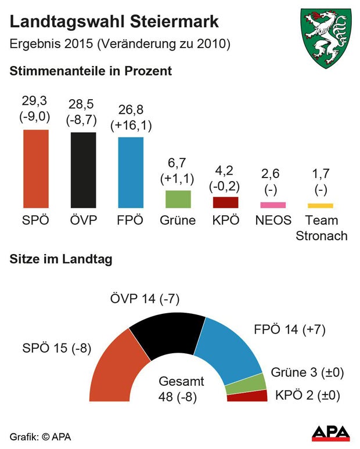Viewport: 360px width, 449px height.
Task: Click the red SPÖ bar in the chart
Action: coord(36,169)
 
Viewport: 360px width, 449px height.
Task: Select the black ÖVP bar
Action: coord(84,170)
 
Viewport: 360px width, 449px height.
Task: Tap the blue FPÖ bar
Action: coord(131,172)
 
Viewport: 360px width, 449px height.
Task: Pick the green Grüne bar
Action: coord(178,199)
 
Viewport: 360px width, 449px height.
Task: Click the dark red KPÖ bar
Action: coord(225,202)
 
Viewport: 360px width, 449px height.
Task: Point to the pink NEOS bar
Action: coord(273,205)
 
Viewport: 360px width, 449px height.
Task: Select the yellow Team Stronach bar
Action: coord(321,205)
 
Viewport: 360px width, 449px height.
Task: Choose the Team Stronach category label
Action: coord(321,228)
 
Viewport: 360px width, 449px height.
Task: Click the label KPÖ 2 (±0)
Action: coord(307,396)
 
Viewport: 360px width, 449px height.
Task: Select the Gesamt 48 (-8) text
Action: coord(181,389)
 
